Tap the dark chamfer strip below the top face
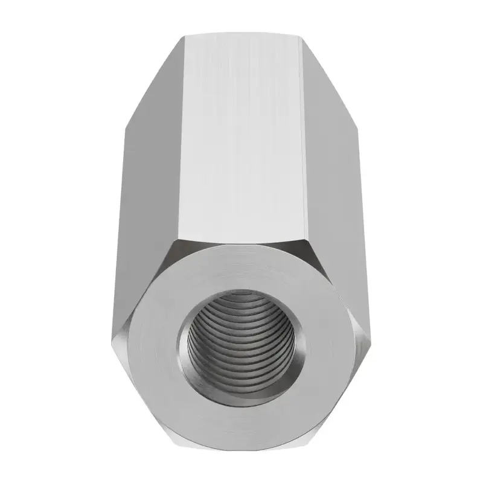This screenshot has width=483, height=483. point(241,241)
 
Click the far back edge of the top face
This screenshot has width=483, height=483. point(241,36)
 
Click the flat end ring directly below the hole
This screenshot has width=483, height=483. point(241,417)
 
